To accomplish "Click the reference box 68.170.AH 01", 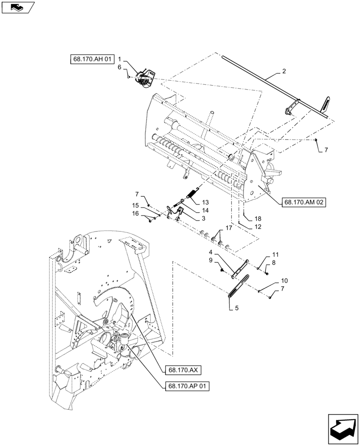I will (x=92, y=59).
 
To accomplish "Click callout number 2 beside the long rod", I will (x=284, y=71).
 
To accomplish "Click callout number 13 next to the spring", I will (x=205, y=202).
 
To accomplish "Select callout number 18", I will (x=258, y=219).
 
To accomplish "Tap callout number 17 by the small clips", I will (x=229, y=227).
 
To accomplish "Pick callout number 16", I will (x=135, y=214).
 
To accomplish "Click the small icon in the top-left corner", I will (x=18, y=7).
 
